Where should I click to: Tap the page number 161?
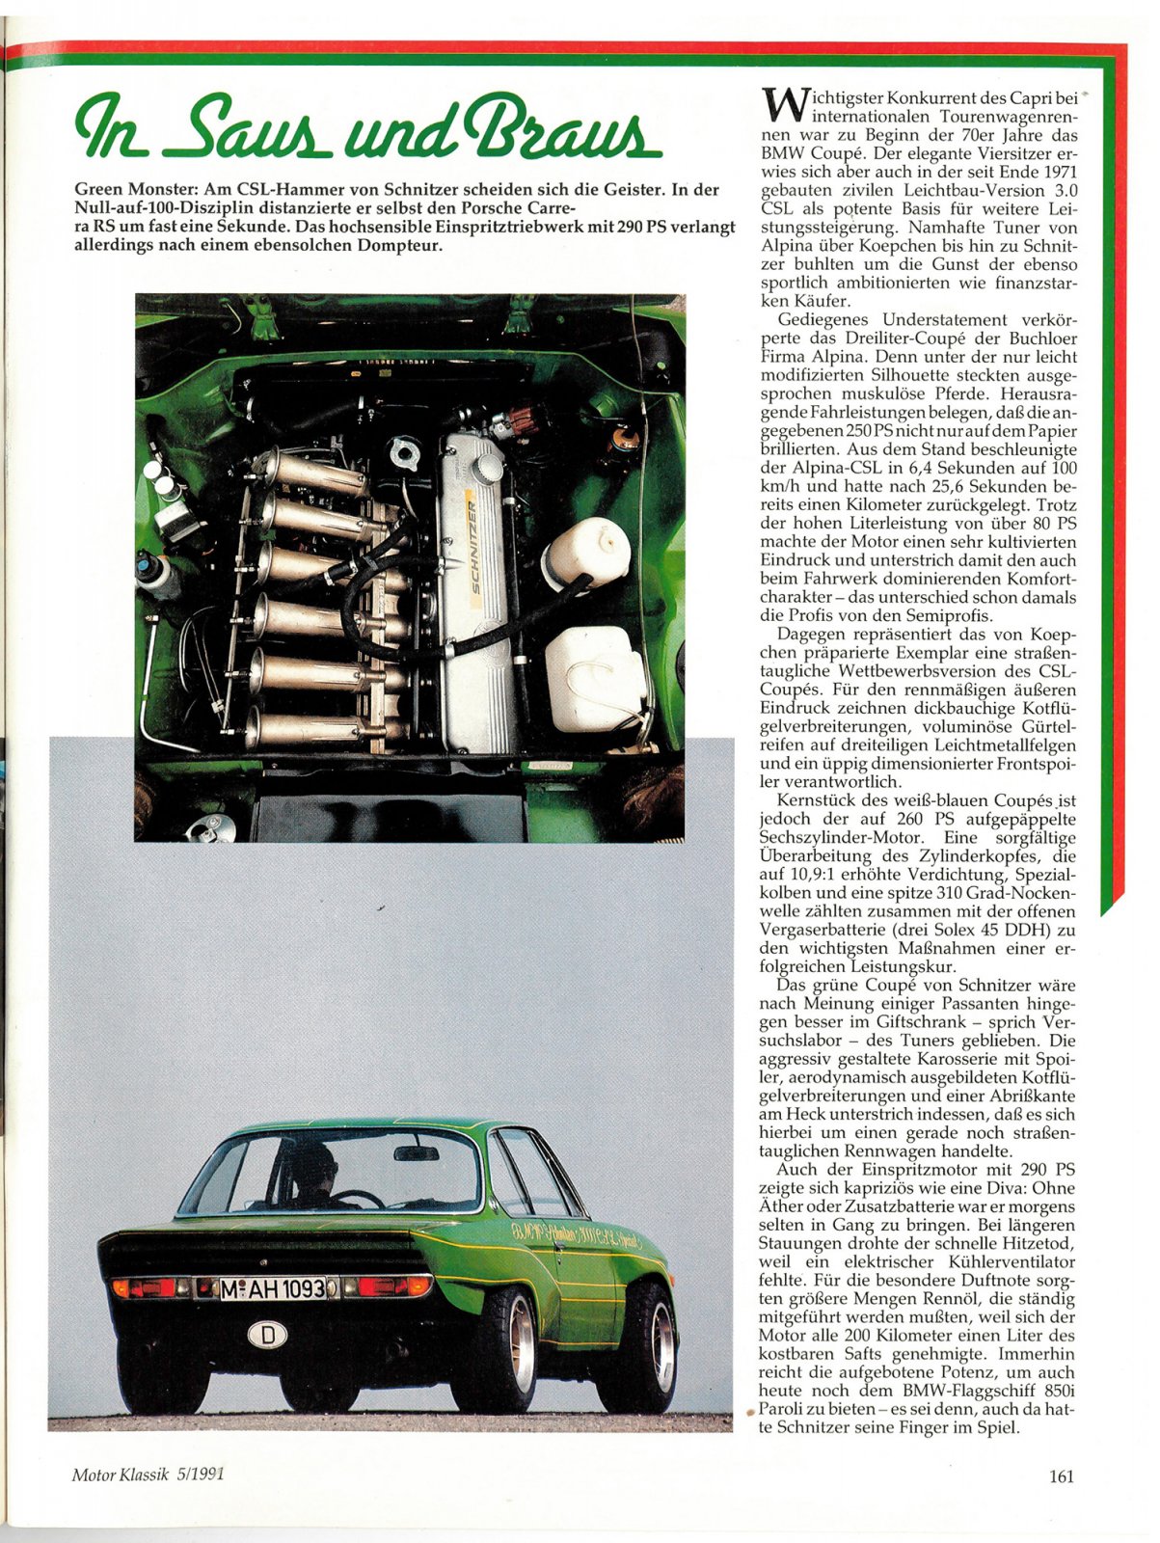[x=1061, y=1475]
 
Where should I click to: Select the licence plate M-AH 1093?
[x=273, y=1288]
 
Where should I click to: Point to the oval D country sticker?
[x=268, y=1336]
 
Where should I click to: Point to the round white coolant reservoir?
[x=585, y=553]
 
